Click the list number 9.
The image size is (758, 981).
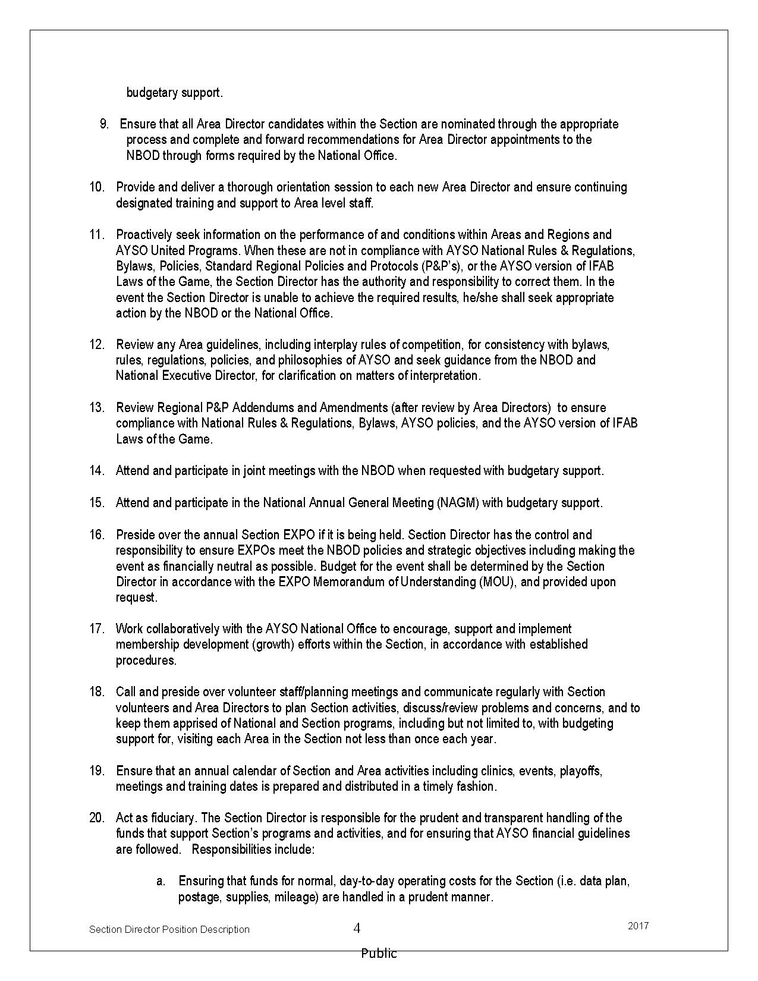[104, 124]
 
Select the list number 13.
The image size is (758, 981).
[97, 408]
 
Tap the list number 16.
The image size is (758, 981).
[97, 535]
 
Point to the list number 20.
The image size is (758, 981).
[97, 818]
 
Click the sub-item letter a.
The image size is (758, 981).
[161, 881]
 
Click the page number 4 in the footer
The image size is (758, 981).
[357, 928]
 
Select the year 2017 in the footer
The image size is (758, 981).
[638, 926]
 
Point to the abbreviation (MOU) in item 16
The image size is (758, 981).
[497, 582]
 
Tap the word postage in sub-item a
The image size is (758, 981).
[199, 897]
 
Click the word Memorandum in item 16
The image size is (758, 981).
[350, 582]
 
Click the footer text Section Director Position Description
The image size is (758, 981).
[169, 929]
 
